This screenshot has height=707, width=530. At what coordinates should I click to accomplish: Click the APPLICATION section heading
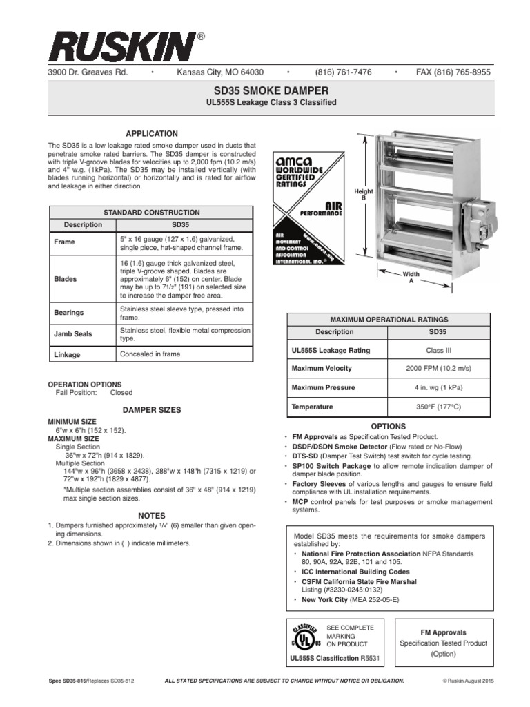pos(151,133)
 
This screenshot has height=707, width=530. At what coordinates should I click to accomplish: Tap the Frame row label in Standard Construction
pos(64,242)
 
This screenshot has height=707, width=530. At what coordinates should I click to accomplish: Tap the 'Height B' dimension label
pos(364,195)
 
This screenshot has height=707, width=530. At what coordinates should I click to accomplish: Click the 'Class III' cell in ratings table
pos(439,350)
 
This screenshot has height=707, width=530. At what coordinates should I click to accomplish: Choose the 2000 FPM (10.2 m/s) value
pos(439,368)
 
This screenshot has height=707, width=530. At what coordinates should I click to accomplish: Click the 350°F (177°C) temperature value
pos(439,407)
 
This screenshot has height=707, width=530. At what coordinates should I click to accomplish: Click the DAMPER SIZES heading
pos(151,409)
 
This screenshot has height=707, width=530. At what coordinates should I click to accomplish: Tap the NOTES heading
pos(151,515)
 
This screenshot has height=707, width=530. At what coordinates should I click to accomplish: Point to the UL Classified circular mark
pos(304,637)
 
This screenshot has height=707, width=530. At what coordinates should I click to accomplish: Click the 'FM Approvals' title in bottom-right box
pos(443,632)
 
